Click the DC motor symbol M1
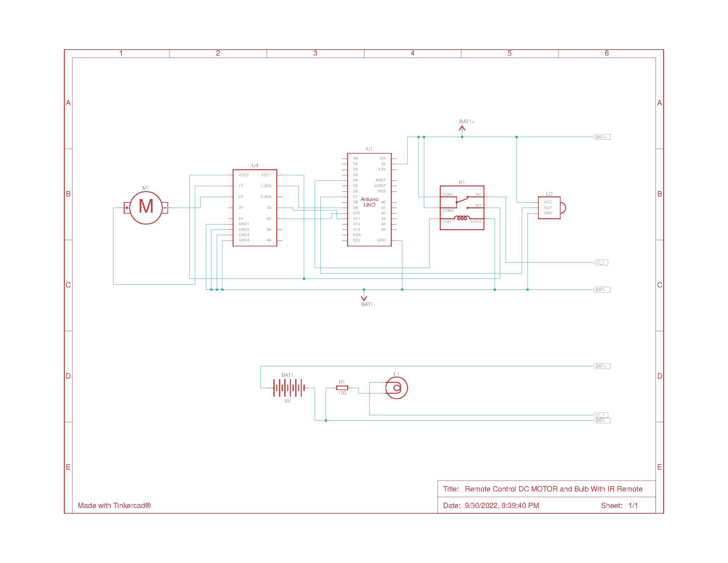point(146,207)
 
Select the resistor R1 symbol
point(342,387)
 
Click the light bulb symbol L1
point(396,388)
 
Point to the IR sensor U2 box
point(549,207)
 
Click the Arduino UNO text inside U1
point(369,202)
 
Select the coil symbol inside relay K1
point(462,218)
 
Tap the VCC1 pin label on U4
point(266,175)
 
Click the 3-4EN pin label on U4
point(266,197)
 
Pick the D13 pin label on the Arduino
point(356,230)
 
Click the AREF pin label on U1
point(380,180)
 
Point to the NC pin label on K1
point(478,194)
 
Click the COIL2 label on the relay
point(476,222)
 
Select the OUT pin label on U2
point(548,207)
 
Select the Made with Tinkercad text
point(114,505)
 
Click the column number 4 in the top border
point(412,53)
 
